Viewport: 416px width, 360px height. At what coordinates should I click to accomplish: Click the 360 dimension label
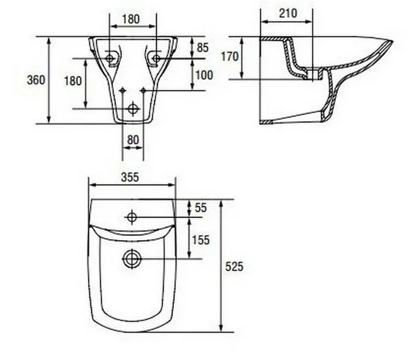coord(36,80)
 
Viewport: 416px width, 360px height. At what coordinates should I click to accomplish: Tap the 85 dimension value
coord(203,48)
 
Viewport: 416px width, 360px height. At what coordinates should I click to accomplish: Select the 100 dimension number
coord(204,75)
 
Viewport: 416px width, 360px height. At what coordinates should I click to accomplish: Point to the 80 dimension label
coord(133,140)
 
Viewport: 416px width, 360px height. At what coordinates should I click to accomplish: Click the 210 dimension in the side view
coord(288,13)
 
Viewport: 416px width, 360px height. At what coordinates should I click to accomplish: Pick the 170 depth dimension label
coord(230,56)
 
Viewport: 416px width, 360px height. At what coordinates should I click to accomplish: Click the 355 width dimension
coord(130,177)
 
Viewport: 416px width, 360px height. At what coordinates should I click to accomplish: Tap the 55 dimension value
coord(201,208)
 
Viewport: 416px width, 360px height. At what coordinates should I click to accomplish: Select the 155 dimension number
coord(201,240)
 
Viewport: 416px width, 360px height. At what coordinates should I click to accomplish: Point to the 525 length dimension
coord(234,267)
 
